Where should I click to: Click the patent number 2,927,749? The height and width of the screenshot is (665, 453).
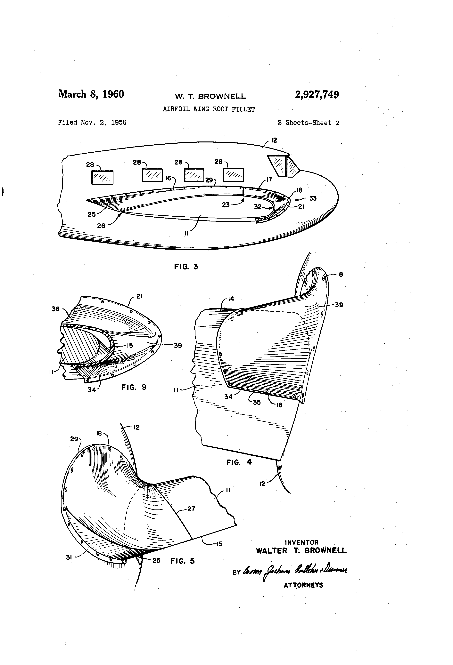coord(317,95)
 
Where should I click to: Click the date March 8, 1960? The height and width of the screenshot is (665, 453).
coord(91,94)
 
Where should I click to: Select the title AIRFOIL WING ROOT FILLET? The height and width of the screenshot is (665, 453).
coord(209,109)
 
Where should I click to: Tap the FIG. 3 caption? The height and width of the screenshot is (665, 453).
coord(186,267)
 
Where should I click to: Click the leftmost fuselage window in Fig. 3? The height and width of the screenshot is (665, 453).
coord(102,177)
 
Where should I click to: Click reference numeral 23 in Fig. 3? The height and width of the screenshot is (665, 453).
coord(226,205)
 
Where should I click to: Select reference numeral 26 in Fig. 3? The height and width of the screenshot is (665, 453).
coord(101,226)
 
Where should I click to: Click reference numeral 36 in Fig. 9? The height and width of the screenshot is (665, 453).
coord(56,309)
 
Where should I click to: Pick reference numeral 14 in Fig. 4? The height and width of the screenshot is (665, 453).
coord(231,299)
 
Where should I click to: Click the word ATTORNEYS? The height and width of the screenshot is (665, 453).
coord(303,585)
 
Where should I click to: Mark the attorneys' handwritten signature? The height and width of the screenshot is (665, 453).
coord(295,571)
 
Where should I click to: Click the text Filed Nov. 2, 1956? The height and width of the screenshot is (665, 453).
coord(92,123)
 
